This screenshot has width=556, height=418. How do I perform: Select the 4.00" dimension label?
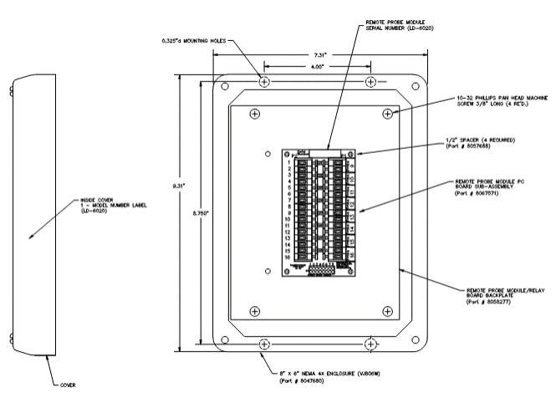(x=318, y=68)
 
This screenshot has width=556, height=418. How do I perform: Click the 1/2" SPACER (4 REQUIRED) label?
(x=484, y=142)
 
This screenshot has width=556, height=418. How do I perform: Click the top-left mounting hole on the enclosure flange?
(x=264, y=82)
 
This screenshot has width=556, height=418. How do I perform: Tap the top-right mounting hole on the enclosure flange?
(x=371, y=82)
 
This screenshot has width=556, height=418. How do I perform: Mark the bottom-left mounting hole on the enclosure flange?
(x=264, y=344)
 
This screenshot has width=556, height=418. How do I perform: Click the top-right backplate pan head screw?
(x=386, y=113)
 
